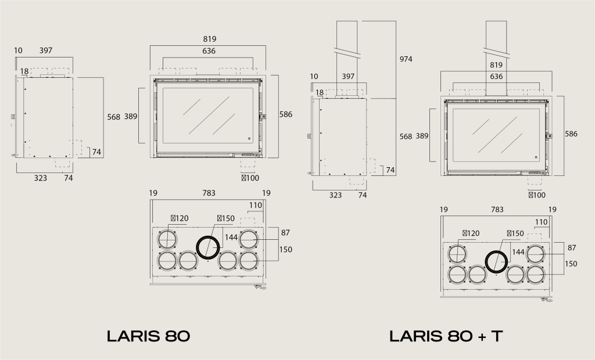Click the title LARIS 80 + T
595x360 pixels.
(446, 336)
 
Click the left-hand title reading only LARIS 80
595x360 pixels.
(148, 336)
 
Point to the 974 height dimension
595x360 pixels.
(406, 59)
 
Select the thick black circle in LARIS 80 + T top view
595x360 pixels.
(497, 262)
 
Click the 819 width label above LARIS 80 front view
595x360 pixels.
(209, 39)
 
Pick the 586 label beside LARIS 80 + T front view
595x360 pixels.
(571, 134)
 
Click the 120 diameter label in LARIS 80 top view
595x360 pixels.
(180, 218)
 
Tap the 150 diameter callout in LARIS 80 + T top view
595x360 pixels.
(515, 233)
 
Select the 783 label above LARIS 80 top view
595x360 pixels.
(209, 193)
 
